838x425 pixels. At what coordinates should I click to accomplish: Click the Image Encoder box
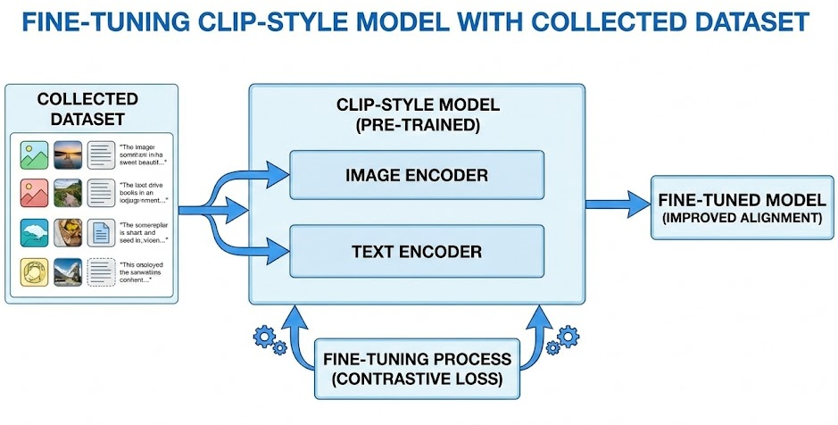[417, 174]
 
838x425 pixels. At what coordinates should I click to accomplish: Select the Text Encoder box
[417, 251]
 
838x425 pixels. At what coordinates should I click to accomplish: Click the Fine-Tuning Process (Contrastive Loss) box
[417, 368]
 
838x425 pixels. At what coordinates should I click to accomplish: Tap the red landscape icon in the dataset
[35, 192]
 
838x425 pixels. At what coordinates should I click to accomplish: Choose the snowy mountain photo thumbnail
[68, 271]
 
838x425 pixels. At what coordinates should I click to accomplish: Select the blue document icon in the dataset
[101, 232]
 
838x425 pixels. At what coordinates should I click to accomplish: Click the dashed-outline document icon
[101, 271]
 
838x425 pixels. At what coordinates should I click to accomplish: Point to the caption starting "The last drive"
[145, 193]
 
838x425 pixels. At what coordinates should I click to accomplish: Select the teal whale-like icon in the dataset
[35, 232]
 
